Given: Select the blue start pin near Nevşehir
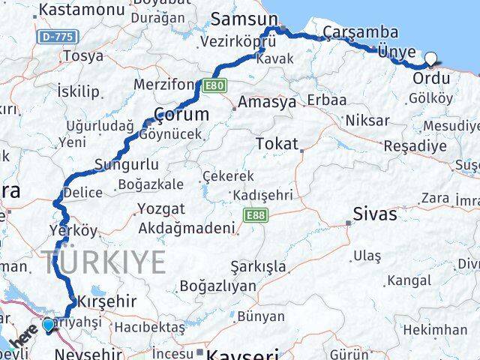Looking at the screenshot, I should tap(49, 325).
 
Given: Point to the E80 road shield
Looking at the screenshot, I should tap(214, 85).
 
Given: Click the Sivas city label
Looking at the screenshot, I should tap(376, 214).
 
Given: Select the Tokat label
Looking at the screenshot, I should tap(277, 143).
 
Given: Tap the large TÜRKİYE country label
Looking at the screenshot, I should tap(105, 262).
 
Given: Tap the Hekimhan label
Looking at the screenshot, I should tap(434, 329).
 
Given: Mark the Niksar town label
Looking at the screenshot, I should tap(367, 120).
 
